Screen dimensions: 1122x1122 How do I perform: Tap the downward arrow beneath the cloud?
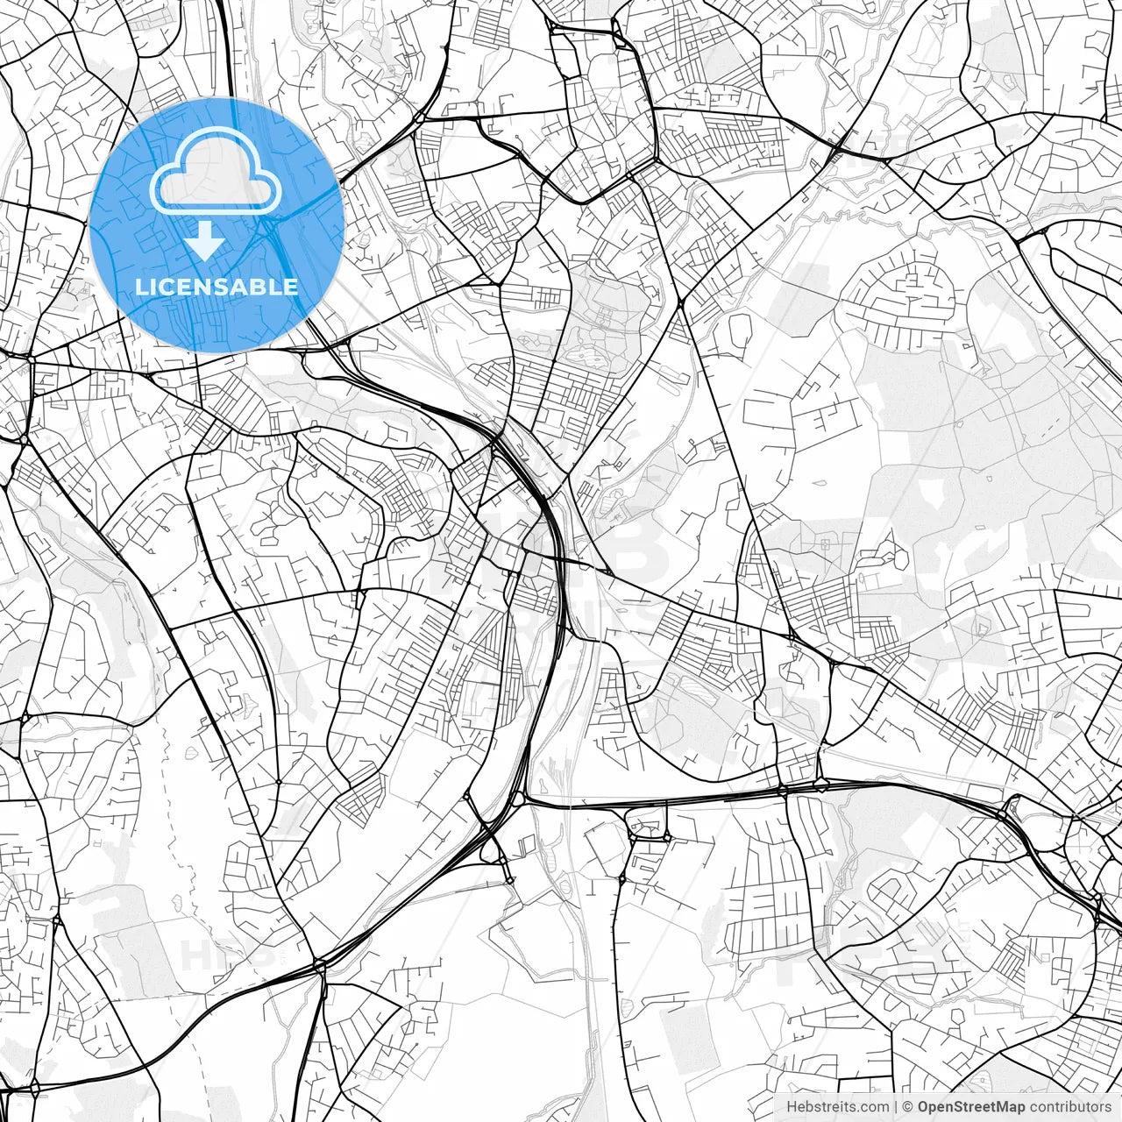pos(205,241)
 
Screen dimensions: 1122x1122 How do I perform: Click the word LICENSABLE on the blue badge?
pos(216,288)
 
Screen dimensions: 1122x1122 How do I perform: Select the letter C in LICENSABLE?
pos(172,288)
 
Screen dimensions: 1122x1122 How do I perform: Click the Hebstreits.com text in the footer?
pos(837,1107)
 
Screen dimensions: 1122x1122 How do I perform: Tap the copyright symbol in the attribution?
pos(909,1107)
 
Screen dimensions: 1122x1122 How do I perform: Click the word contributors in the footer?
pos(1070,1107)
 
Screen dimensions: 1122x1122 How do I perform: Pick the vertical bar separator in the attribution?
pos(897,1107)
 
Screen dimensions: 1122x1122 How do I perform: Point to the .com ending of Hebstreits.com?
pos(873,1107)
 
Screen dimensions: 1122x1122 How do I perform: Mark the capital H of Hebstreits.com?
pos(791,1107)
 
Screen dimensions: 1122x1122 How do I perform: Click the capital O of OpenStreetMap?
pos(924,1107)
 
